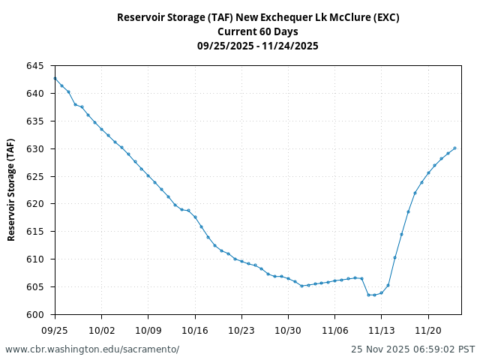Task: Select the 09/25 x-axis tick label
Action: (55, 329)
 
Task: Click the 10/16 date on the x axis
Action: (195, 329)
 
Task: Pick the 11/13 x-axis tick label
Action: (382, 329)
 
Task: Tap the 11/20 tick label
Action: (428, 329)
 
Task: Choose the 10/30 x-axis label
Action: (288, 329)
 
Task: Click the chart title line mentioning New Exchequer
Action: (258, 17)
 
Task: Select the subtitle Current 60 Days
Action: (258, 31)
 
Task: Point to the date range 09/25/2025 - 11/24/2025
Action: (258, 46)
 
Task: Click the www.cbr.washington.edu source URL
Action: (92, 349)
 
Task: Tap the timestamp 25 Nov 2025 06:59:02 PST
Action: (413, 349)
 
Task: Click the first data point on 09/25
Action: (55, 78)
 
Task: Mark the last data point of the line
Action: (454, 148)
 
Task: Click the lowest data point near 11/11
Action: (368, 295)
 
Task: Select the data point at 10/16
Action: (195, 217)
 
